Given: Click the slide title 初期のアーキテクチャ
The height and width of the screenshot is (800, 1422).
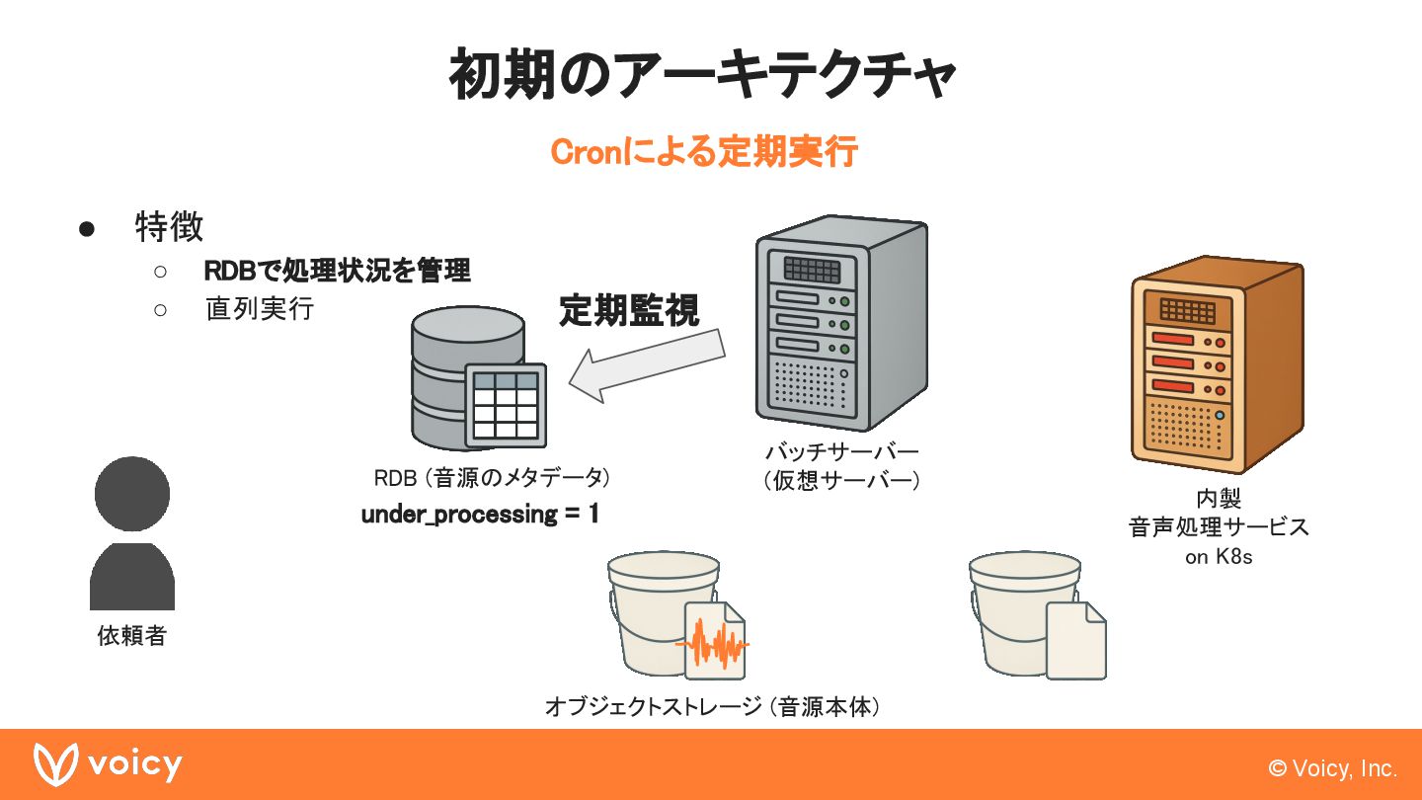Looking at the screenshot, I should (702, 75).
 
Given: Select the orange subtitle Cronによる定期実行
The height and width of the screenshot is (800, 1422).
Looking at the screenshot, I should (703, 153).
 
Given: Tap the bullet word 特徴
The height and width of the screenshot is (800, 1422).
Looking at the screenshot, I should (169, 227).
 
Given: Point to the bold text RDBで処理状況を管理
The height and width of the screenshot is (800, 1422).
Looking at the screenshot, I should (337, 271).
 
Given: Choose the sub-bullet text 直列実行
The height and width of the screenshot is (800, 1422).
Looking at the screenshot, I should (259, 309).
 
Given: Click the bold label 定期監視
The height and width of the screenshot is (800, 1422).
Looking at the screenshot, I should (629, 310).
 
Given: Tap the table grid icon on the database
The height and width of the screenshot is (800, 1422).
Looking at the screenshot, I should (506, 405).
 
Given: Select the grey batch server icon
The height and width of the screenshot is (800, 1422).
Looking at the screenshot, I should (841, 323).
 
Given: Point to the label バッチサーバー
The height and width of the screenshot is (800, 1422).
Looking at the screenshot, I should (841, 453).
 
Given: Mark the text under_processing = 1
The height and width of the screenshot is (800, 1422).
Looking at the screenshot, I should (480, 515).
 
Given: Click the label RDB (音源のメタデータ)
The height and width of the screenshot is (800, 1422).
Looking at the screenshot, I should (491, 478).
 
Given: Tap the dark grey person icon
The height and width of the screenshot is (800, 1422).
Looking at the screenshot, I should (132, 532).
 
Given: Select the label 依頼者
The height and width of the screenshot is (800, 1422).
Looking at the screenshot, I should (131, 636).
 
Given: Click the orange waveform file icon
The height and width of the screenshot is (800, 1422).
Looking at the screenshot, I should (715, 642).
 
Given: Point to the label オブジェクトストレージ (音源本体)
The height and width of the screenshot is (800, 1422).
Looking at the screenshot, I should (712, 707).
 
